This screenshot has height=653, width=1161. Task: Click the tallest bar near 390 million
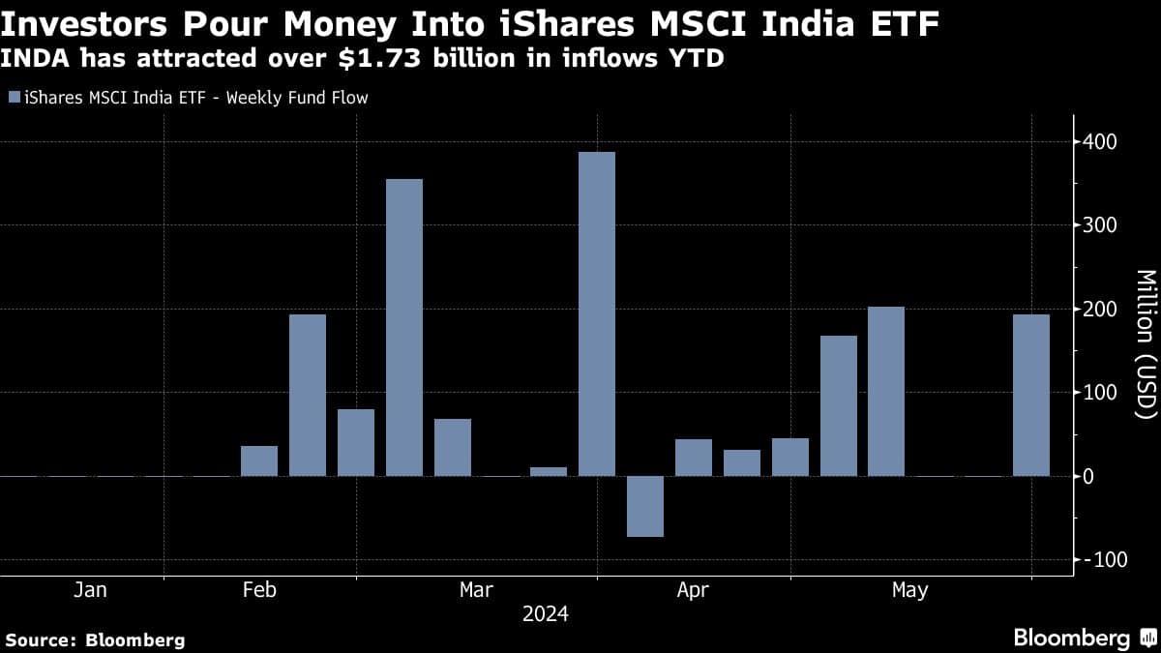click(597, 313)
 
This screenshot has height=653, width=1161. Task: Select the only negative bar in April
click(645, 506)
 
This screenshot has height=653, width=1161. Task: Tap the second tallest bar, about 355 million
click(404, 327)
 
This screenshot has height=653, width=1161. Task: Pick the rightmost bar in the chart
click(1031, 395)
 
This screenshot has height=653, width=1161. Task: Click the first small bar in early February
click(259, 460)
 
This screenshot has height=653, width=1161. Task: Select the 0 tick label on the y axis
click(1088, 477)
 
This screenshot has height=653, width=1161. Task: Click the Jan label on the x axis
click(90, 590)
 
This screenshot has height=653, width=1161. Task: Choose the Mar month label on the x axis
click(476, 590)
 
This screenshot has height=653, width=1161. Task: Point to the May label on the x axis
click(909, 590)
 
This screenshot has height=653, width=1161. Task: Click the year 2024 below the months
click(545, 614)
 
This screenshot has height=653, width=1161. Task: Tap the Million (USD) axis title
click(1145, 343)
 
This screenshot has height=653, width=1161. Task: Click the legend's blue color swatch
click(14, 98)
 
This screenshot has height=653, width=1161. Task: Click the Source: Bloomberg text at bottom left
click(95, 639)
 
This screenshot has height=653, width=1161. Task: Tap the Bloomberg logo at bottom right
click(1084, 638)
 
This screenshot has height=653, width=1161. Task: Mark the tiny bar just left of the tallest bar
click(549, 471)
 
